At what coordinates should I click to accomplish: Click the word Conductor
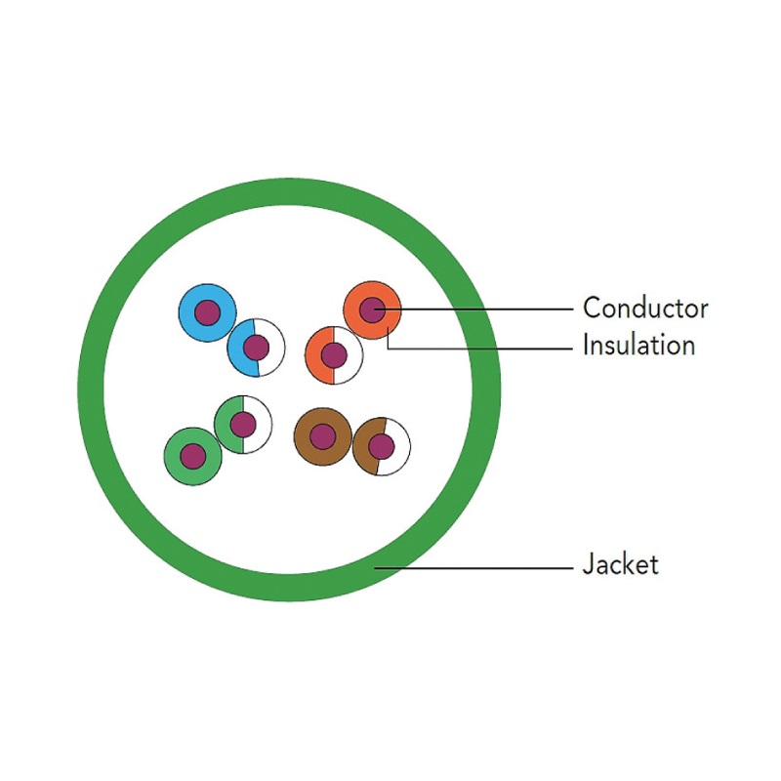click(x=644, y=308)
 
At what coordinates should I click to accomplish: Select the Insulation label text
click(x=638, y=345)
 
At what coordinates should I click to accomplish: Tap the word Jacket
click(x=620, y=564)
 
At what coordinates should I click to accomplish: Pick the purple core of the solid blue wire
click(x=206, y=312)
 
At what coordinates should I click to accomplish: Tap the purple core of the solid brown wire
click(x=323, y=436)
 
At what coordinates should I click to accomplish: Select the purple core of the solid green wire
click(x=193, y=455)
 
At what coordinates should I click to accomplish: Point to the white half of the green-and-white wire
click(x=259, y=422)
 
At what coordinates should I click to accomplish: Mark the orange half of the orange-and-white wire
click(x=316, y=356)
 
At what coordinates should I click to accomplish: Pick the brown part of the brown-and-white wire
click(x=363, y=449)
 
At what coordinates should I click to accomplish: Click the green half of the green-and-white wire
click(x=226, y=426)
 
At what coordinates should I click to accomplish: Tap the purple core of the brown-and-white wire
click(x=381, y=447)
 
